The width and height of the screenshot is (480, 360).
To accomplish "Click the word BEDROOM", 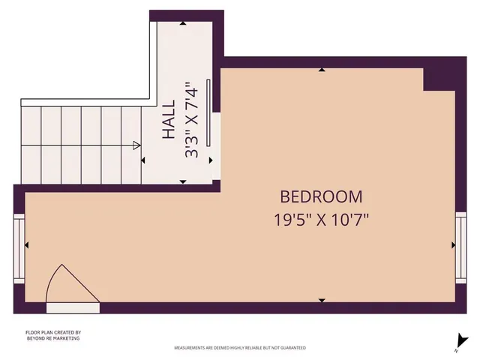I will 321,197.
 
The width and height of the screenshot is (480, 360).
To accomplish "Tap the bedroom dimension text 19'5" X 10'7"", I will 321,220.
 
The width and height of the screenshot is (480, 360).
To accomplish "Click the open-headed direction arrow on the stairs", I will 137,145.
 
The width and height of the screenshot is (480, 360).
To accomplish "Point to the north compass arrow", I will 457,340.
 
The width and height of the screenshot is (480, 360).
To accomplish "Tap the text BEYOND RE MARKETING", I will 52,339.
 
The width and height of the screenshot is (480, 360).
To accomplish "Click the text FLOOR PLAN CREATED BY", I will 52,332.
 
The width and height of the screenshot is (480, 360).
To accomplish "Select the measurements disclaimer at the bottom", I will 240,348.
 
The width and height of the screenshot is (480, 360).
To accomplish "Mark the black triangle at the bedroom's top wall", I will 322,70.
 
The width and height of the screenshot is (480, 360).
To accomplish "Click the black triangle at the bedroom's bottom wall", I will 322,300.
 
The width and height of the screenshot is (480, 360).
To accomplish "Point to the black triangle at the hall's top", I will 184,23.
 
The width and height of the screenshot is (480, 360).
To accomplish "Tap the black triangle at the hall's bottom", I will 184,182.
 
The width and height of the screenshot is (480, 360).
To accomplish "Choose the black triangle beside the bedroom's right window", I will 452,244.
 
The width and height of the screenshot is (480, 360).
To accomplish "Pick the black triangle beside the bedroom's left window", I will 28,244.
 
